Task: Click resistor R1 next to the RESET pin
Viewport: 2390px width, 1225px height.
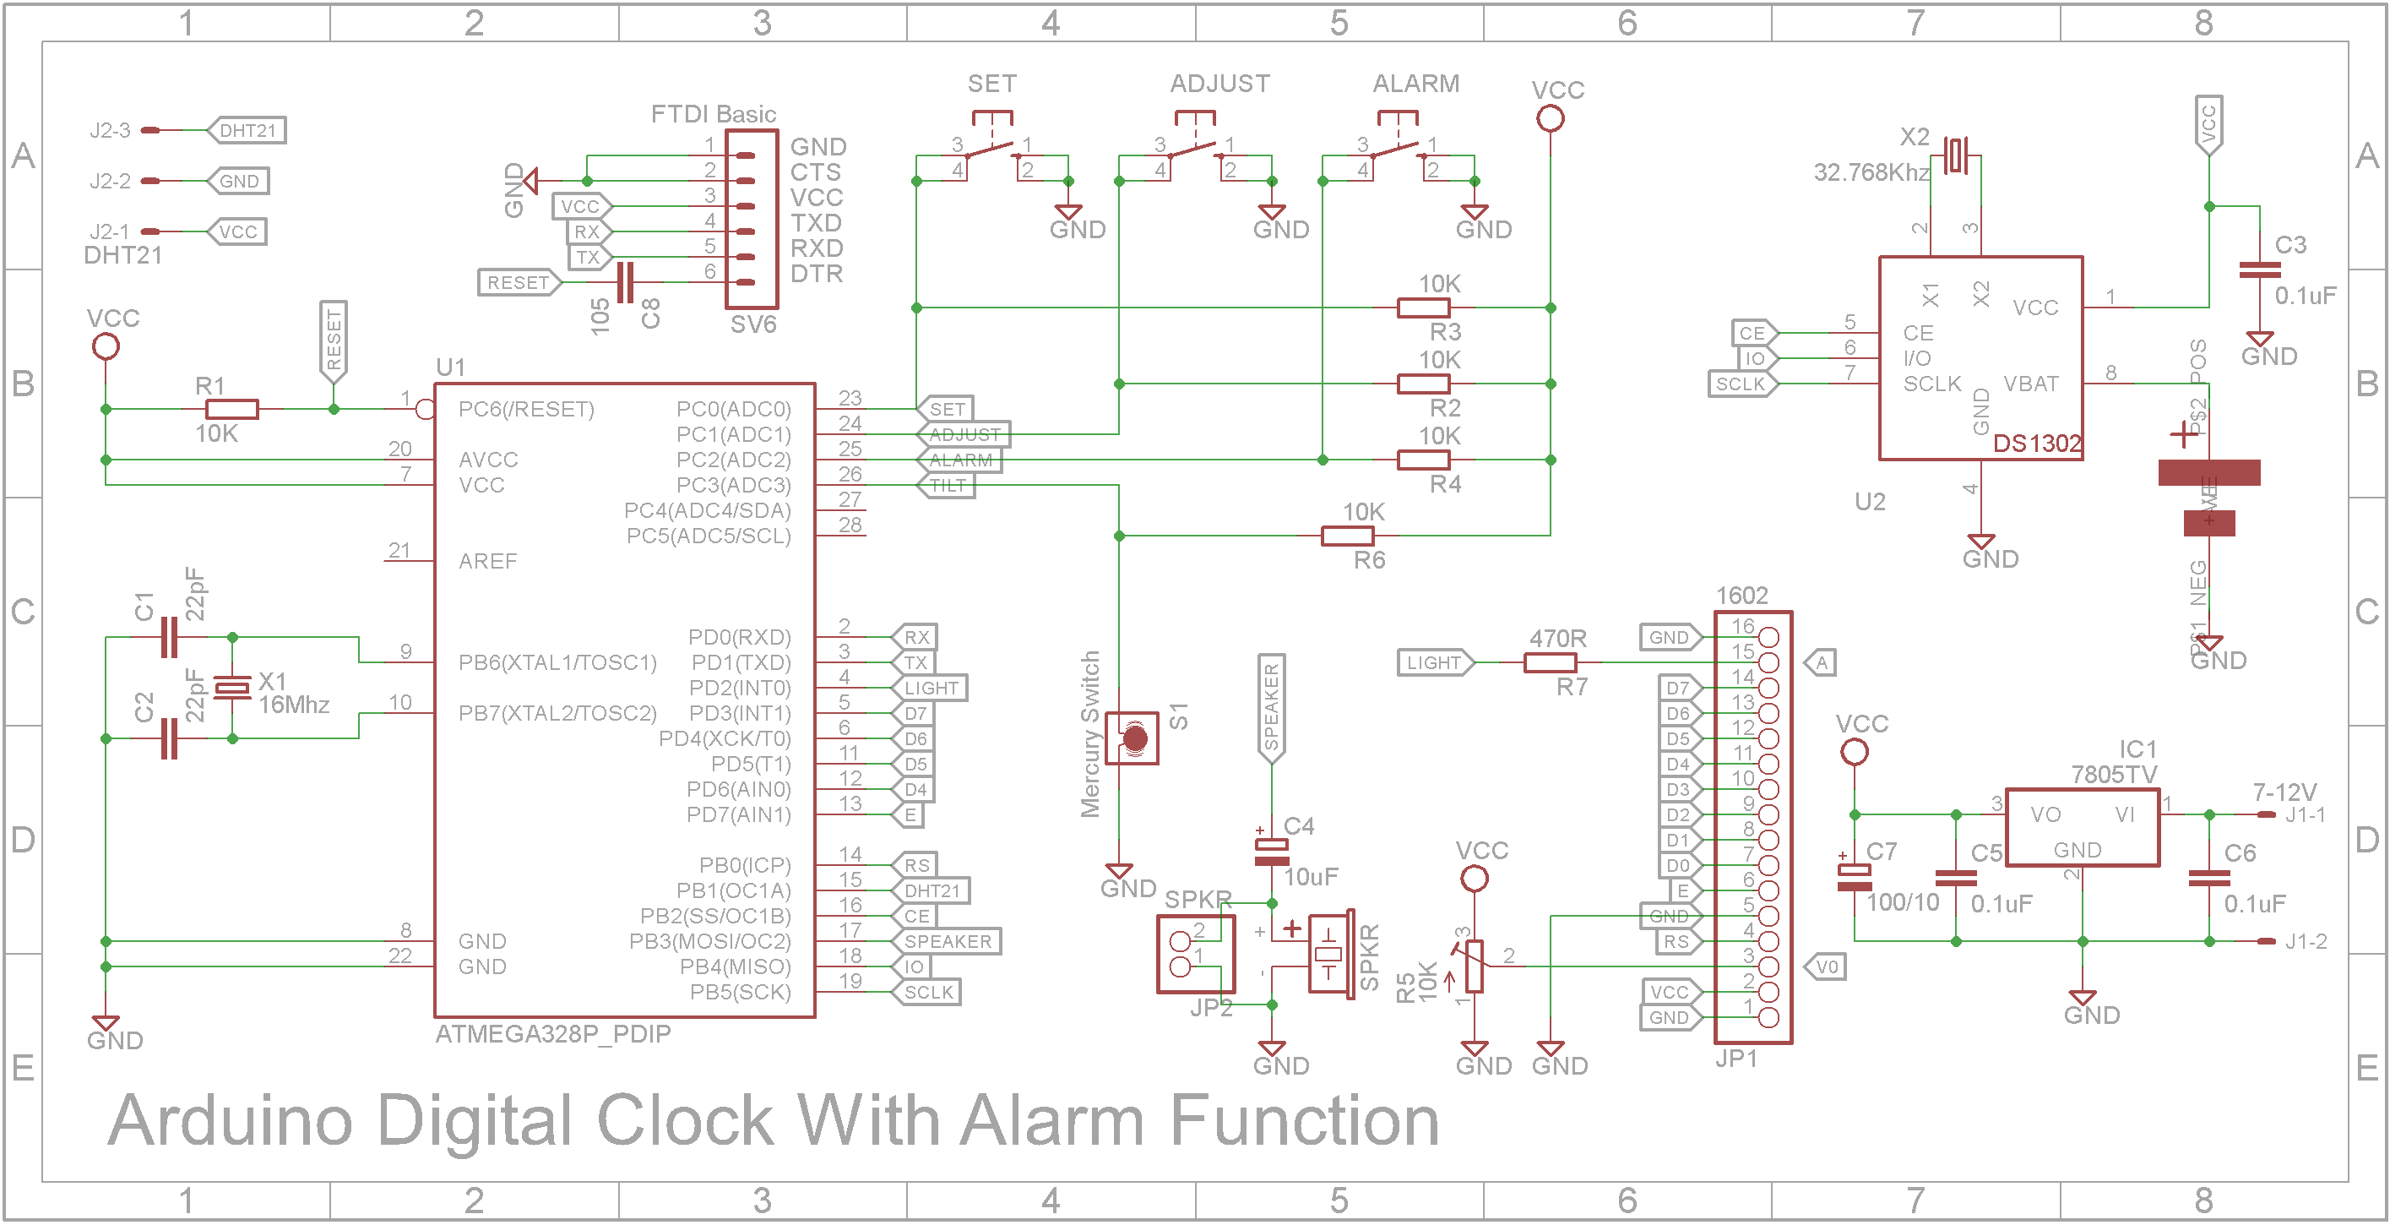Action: pos(231,408)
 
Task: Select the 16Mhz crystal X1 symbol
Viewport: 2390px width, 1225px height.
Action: pos(232,688)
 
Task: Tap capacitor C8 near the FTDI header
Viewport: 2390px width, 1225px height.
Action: pos(625,282)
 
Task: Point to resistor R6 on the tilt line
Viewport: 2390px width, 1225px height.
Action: pos(1347,536)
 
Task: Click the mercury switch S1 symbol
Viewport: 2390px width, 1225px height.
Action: pos(1133,738)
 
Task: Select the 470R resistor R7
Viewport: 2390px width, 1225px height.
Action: pos(1550,662)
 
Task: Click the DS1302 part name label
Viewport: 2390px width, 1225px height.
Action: pos(2036,444)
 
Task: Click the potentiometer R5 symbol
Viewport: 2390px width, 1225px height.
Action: pos(1475,966)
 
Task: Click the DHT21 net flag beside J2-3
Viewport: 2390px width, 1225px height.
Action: pos(246,130)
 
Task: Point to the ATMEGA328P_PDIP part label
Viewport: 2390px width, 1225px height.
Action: pos(553,1034)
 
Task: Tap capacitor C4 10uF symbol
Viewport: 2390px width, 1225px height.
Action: pos(1271,852)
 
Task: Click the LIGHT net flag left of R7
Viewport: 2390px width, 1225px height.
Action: pos(1434,662)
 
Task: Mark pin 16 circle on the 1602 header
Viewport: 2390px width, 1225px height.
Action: pos(1768,638)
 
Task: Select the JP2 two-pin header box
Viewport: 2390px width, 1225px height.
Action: pos(1196,954)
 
